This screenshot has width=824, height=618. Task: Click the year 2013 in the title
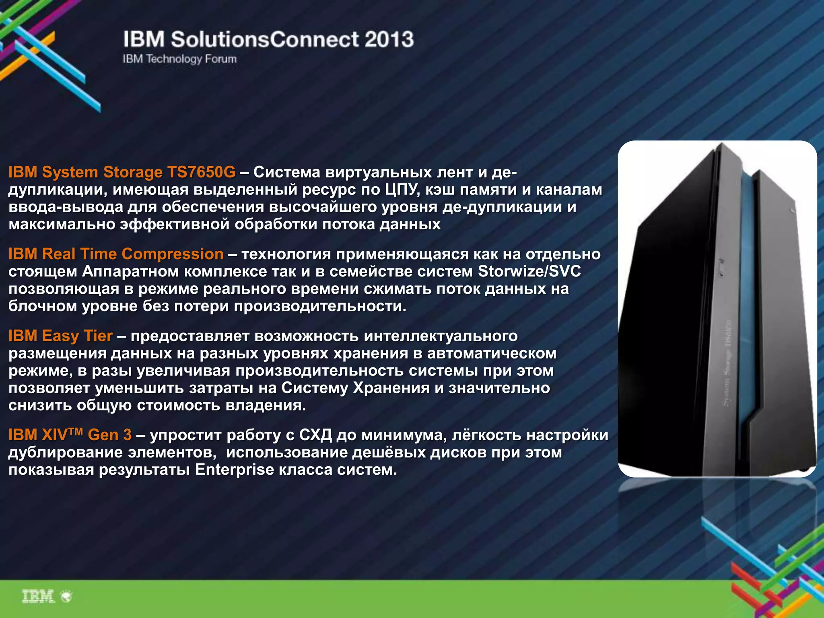click(x=389, y=39)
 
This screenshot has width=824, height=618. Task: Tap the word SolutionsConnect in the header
click(x=264, y=39)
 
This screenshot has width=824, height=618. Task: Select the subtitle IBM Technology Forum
click(x=179, y=59)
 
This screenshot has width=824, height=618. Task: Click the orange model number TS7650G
click(x=201, y=172)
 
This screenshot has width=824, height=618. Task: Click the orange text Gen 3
click(x=109, y=435)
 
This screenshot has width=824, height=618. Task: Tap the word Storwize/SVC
click(x=529, y=272)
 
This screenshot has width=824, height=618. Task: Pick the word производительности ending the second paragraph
click(x=320, y=306)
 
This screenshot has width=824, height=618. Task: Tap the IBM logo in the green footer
click(x=38, y=596)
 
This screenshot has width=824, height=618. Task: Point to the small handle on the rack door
click(x=721, y=268)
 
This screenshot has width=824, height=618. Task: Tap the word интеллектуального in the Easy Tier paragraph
click(x=441, y=336)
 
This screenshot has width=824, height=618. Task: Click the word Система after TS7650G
click(x=287, y=172)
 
